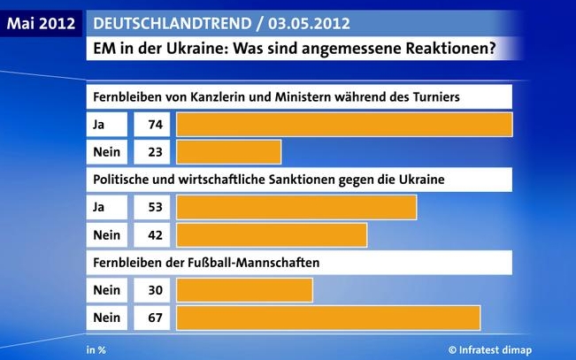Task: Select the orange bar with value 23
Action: pyautogui.click(x=229, y=152)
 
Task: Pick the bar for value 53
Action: pyautogui.click(x=296, y=206)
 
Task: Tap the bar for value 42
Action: pyautogui.click(x=272, y=235)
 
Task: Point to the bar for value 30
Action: pyautogui.click(x=244, y=289)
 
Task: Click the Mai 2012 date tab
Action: pyautogui.click(x=41, y=21)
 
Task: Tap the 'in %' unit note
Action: pyautogui.click(x=96, y=349)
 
